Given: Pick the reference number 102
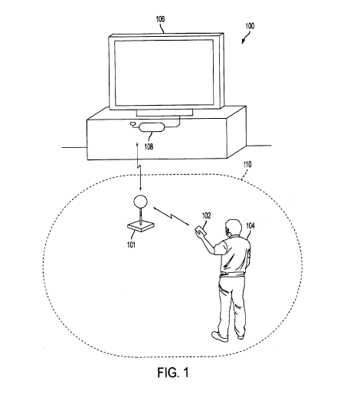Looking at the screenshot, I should [205, 216].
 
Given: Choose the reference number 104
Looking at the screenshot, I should [250, 225].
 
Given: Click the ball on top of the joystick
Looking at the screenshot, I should [140, 202].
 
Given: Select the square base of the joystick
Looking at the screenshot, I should [141, 227].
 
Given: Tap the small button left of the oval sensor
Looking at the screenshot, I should [133, 125].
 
